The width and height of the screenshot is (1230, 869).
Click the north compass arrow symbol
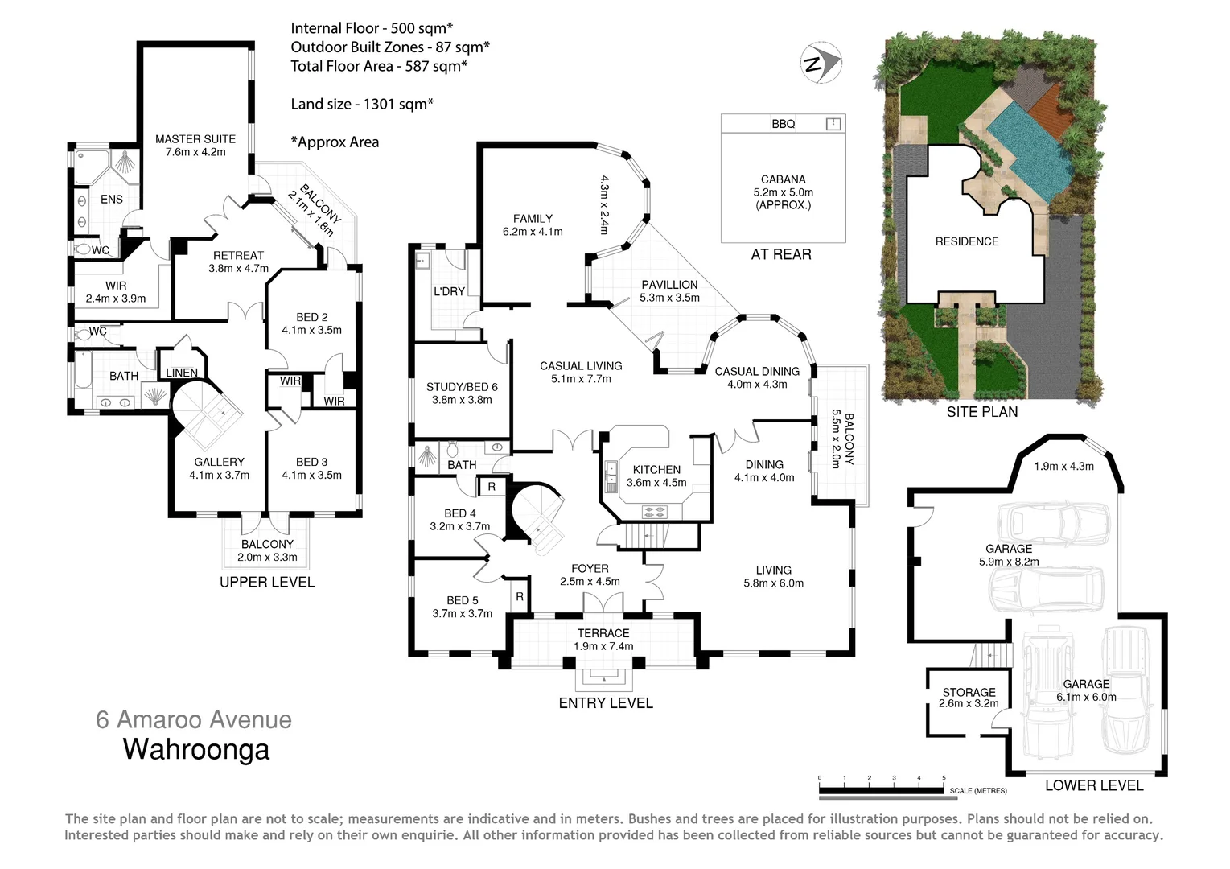point(821,63)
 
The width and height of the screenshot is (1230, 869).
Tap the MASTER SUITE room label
point(195,139)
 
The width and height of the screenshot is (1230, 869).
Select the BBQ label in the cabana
point(783,124)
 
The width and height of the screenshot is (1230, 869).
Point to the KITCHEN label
point(656,470)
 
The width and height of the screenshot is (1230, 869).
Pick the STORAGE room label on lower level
point(969,692)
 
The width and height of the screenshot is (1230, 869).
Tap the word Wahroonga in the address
point(195,750)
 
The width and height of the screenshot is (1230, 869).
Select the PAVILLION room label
point(669,285)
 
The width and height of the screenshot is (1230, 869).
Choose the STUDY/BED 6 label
point(462,387)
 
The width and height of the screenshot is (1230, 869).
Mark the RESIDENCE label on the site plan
point(967,241)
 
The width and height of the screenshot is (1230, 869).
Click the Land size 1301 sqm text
point(362,104)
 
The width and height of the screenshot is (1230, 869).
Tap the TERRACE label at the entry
point(603,633)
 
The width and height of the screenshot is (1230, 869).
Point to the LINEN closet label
point(182,373)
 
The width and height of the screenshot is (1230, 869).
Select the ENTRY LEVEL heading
point(606,703)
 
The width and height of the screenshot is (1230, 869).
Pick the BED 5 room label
point(463,600)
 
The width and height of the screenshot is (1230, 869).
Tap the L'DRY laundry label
point(449,291)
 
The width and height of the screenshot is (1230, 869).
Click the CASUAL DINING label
point(757,372)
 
